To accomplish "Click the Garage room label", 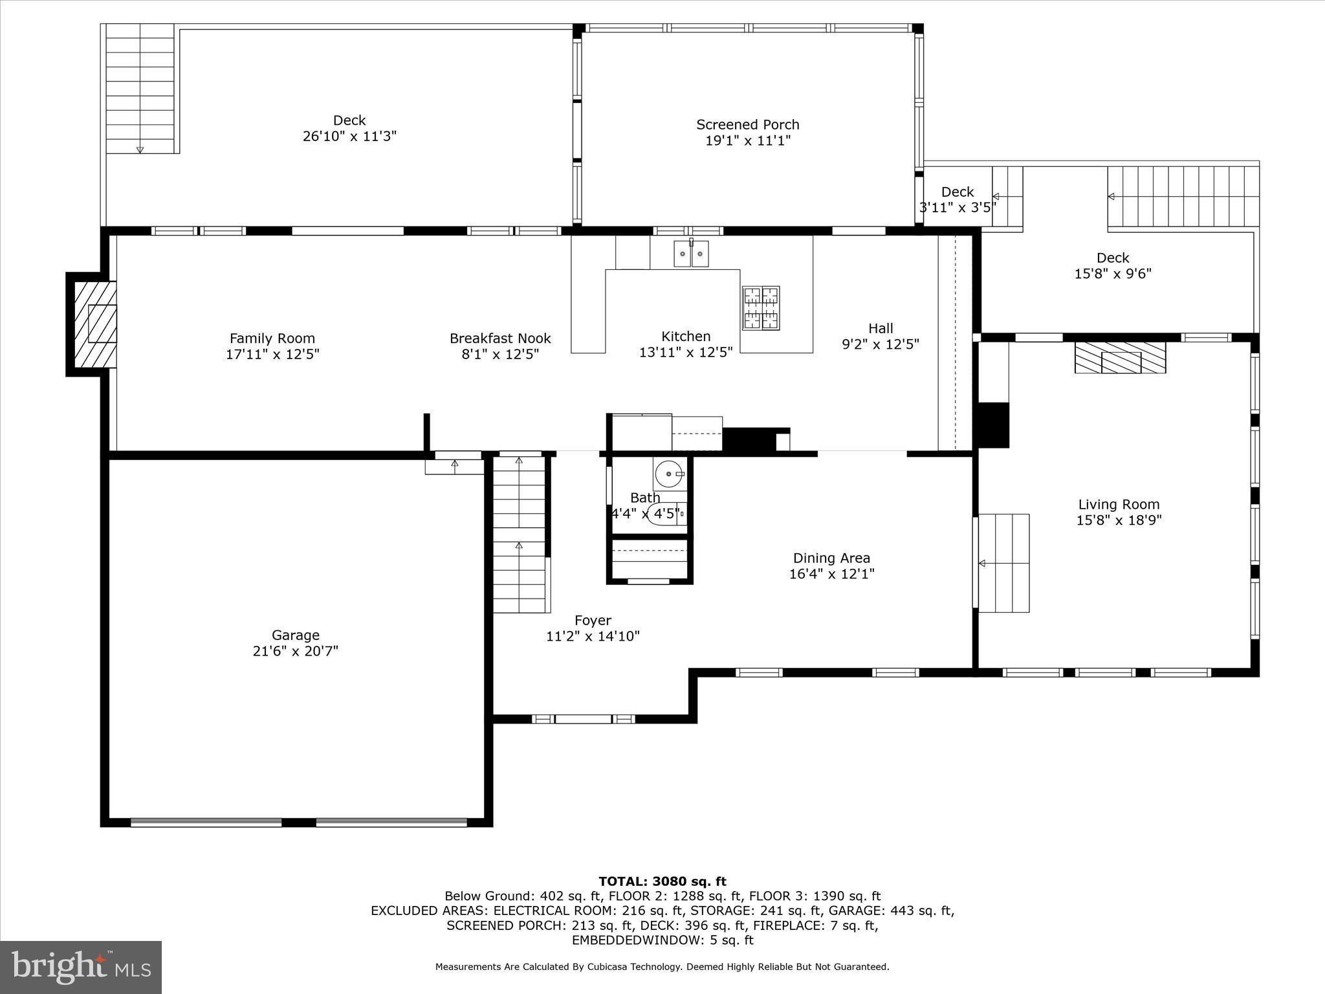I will coord(295,635).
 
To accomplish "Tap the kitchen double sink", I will coord(691,254).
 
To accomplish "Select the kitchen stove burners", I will coord(761,308).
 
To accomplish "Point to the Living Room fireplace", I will coord(1120,358).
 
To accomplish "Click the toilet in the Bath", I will coord(666,513).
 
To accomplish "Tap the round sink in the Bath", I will coord(668,475).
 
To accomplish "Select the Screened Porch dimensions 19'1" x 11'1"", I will coord(748,140).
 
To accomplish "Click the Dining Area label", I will coord(831,558).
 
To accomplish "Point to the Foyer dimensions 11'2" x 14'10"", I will coord(593,636).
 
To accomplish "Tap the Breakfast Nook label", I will coord(500,338).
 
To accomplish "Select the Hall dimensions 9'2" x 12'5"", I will coord(880,344).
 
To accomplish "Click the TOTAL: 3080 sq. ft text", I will coord(662,881).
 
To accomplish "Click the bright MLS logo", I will coord(81,967).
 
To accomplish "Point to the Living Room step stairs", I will coord(1003,563).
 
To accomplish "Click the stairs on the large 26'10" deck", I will coord(140,88).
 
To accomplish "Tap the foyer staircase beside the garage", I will coord(520,534).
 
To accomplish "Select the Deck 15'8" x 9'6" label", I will coord(1113,258).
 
